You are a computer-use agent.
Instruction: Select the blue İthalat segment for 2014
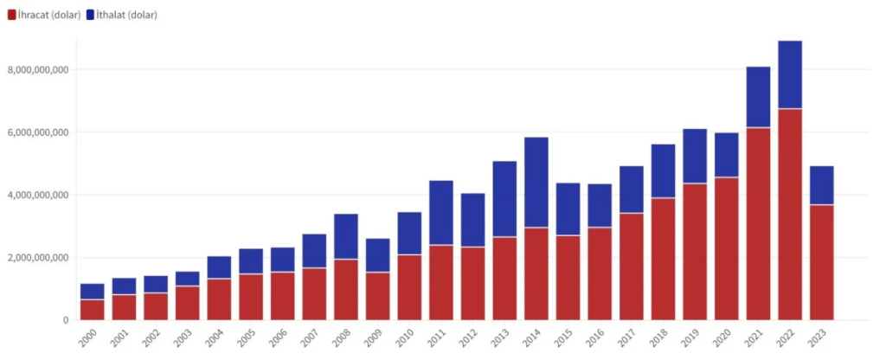coord(536,182)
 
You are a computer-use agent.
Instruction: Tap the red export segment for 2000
coord(92,310)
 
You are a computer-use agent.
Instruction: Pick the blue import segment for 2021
coord(758,97)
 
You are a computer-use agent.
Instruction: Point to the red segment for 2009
coord(377,296)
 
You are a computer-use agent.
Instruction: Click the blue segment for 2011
coord(440,213)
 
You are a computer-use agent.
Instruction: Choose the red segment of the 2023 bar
coord(821,262)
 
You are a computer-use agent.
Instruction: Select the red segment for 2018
coord(663,259)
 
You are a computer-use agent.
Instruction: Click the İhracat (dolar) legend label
coord(49,16)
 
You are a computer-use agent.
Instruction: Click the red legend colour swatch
coord(11,16)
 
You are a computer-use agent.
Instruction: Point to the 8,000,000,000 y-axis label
coord(37,70)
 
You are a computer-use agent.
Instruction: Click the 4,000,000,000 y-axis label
coord(37,196)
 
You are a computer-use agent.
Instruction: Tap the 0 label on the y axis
coord(66,320)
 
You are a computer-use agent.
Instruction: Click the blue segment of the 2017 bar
coord(631,190)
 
